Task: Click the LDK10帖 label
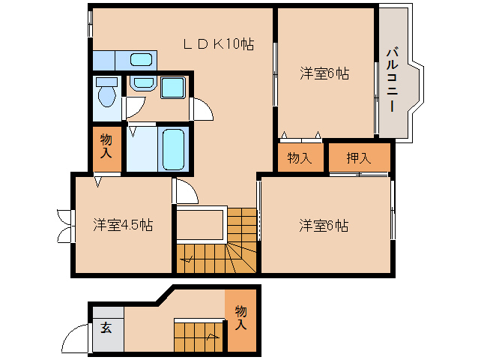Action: click(x=218, y=44)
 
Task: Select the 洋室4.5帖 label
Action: click(x=124, y=224)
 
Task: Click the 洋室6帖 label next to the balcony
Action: click(x=325, y=73)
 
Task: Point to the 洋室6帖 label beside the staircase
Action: click(x=324, y=224)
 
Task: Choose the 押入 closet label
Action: click(x=359, y=157)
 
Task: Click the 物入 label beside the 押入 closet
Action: click(x=300, y=157)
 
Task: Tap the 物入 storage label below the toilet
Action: click(x=106, y=146)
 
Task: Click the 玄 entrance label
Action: click(x=106, y=328)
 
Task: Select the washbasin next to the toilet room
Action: click(x=139, y=83)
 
